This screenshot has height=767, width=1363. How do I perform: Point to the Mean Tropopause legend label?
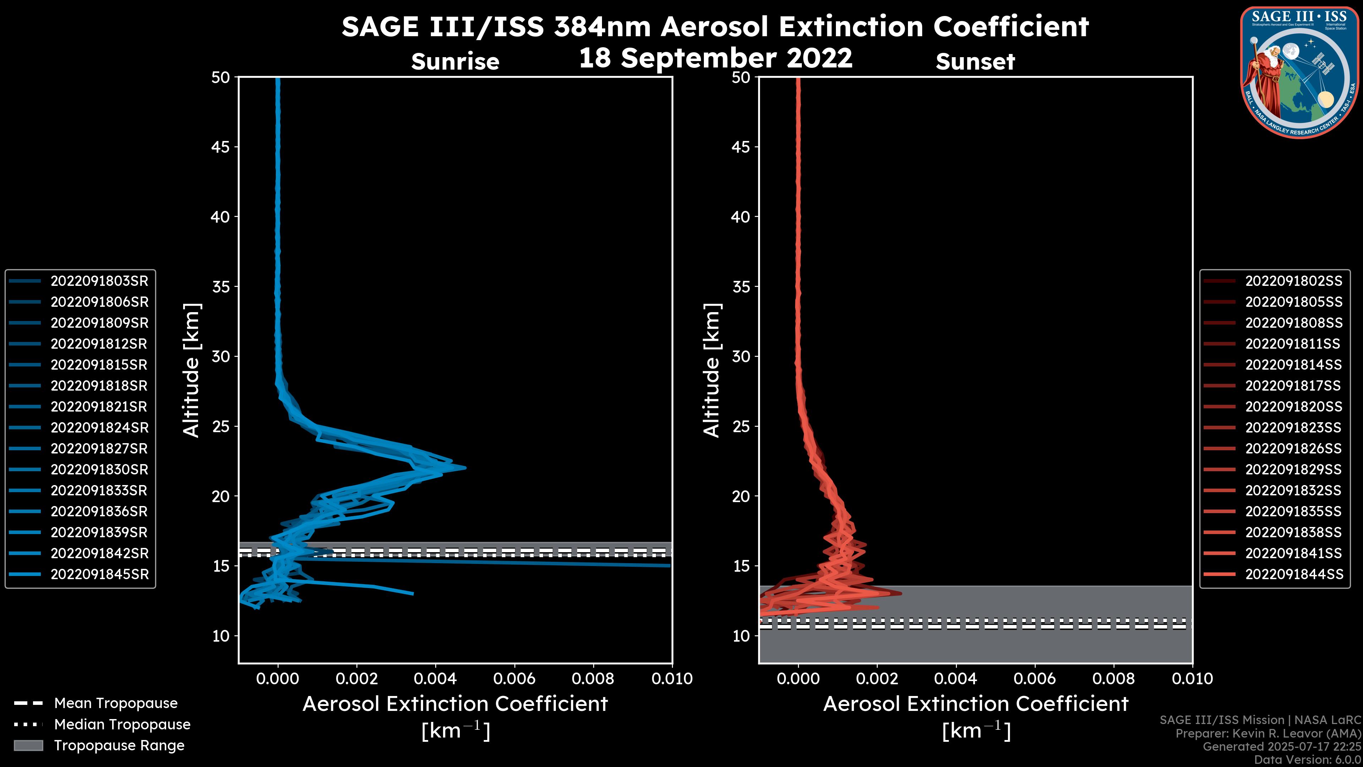coord(116,703)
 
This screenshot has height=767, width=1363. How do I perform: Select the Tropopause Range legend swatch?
coord(28,745)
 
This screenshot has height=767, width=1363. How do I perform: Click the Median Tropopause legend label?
coord(122,725)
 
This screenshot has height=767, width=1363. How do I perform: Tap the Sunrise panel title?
coord(455,62)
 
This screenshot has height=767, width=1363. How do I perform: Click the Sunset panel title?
coord(975,62)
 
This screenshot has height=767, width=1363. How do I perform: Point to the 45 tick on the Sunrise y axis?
coord(221,147)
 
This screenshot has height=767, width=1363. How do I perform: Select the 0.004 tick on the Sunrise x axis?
coord(436,679)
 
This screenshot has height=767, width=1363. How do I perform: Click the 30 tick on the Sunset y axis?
coord(741,357)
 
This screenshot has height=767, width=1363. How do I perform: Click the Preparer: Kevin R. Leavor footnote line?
coord(1268,734)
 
